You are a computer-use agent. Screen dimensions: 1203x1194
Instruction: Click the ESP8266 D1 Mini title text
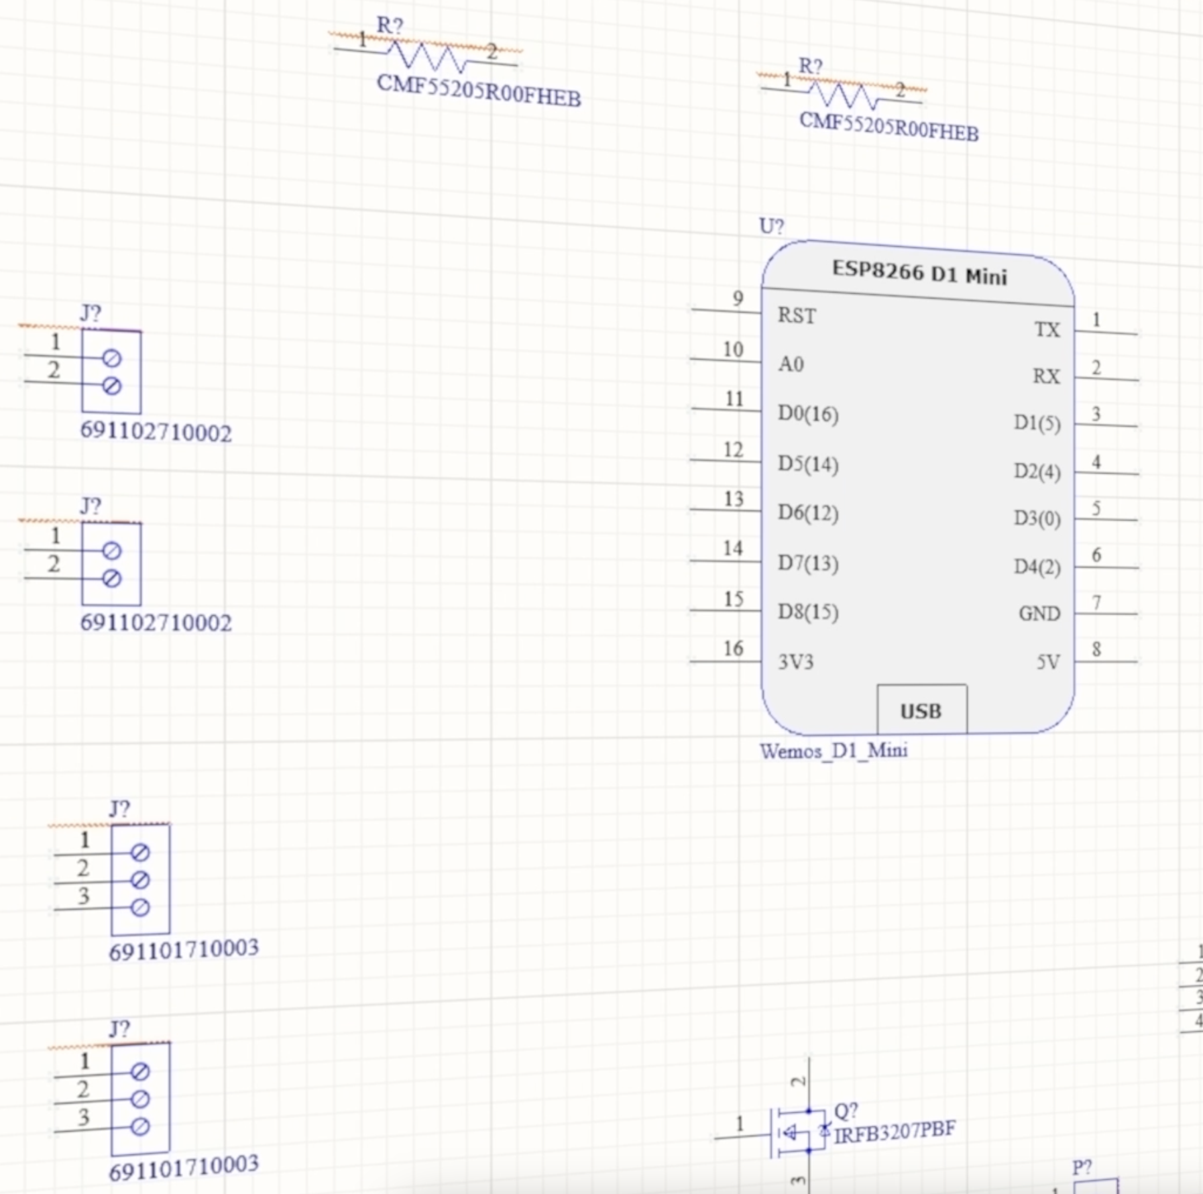(x=919, y=272)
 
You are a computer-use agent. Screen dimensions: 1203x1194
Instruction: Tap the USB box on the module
(x=922, y=709)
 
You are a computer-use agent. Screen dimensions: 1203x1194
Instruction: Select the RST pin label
(x=797, y=315)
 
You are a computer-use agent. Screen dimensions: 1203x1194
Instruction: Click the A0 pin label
(x=791, y=364)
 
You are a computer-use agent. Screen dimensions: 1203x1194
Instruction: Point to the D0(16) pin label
(x=808, y=414)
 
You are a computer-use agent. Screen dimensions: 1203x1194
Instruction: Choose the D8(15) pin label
(x=808, y=612)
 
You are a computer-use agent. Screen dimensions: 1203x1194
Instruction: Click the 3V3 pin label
(x=795, y=662)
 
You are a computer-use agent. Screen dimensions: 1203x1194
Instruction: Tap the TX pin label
(x=1047, y=329)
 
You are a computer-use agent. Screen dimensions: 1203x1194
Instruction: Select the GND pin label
(x=1039, y=613)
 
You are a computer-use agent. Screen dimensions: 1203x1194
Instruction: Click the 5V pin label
(x=1049, y=662)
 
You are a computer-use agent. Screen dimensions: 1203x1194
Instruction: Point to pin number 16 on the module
(x=734, y=648)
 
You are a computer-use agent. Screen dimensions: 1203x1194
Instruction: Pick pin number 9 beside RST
(x=738, y=298)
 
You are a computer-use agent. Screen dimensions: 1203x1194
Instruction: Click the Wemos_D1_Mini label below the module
(x=834, y=751)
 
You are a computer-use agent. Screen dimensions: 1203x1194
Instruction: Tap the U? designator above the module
(x=771, y=226)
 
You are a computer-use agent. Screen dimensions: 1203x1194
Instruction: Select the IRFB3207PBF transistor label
(x=895, y=1132)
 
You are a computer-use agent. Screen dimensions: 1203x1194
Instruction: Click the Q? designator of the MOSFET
(x=846, y=1111)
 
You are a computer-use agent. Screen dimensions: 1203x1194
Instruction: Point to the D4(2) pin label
(x=1037, y=567)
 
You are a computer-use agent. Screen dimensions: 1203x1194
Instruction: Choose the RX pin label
(x=1046, y=376)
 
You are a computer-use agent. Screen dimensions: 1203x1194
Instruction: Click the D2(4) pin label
(x=1037, y=472)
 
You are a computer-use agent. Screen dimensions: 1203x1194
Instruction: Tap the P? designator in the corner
(x=1082, y=1168)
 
